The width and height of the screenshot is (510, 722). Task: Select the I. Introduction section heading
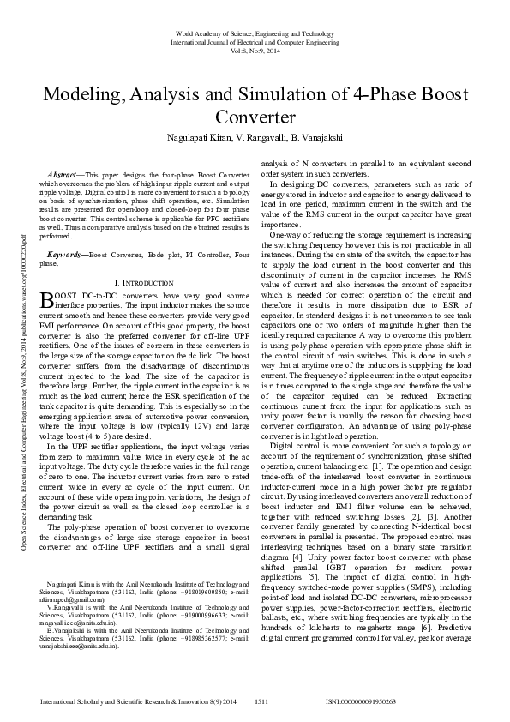click(x=145, y=281)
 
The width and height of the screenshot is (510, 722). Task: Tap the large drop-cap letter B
click(x=47, y=299)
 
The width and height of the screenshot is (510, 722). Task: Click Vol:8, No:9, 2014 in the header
click(x=255, y=51)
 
